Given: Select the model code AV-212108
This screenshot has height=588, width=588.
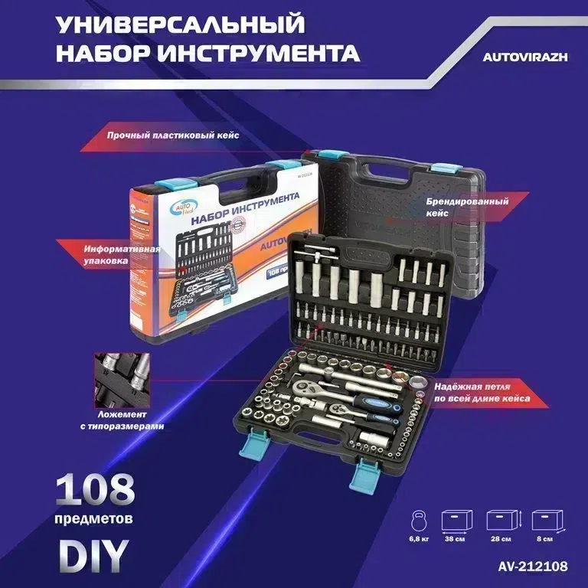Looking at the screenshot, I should coord(528,567).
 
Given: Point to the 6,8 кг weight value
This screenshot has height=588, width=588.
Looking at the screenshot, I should coord(419,539).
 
